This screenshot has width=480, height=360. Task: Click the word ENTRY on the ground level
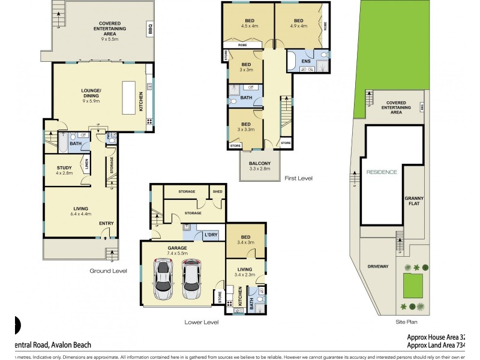[106, 224]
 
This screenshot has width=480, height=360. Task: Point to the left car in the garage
[163, 280]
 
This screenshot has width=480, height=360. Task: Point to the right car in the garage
[192, 280]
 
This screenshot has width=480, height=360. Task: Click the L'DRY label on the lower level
[211, 234]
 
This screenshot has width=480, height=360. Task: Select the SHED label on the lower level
[217, 192]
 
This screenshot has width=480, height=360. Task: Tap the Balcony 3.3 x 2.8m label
[260, 166]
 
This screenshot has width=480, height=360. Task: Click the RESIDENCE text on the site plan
[382, 172]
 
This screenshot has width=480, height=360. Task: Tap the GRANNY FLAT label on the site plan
[412, 201]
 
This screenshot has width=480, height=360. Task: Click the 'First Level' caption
[298, 178]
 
